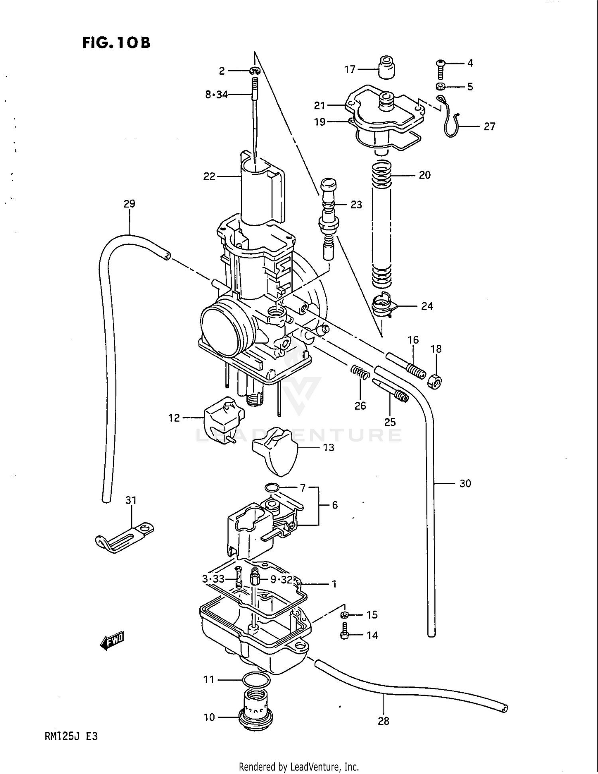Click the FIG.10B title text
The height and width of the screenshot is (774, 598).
(116, 43)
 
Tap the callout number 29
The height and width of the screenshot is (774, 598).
(129, 204)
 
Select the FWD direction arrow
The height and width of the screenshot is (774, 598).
(112, 641)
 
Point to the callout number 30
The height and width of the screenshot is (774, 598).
(465, 484)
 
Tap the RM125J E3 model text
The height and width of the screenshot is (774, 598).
(71, 736)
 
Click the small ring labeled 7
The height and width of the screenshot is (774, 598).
(272, 487)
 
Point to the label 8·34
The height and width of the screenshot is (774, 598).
(216, 95)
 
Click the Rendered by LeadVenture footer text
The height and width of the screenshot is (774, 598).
(299, 766)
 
